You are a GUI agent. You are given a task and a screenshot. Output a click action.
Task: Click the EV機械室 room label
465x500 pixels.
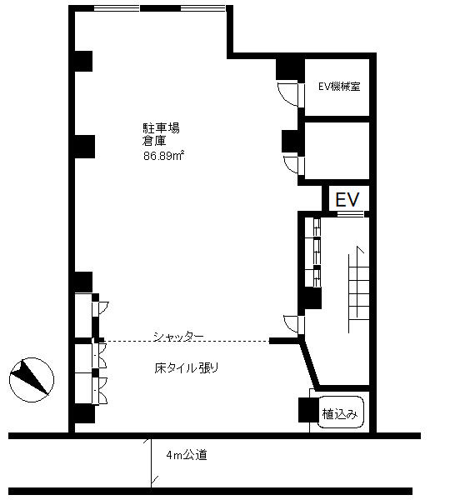click(339, 87)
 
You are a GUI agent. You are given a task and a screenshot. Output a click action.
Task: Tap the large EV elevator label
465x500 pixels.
click(347, 200)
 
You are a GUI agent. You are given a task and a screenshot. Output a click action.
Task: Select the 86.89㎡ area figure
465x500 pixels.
click(164, 156)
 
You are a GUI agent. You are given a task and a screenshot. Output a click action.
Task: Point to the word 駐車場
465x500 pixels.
click(161, 128)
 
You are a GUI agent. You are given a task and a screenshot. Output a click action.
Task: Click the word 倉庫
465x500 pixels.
click(154, 141)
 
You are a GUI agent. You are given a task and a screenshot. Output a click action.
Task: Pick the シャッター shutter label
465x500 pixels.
click(178, 337)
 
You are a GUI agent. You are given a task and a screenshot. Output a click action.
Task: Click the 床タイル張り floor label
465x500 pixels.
click(187, 368)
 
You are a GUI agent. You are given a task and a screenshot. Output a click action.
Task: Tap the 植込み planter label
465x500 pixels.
click(340, 414)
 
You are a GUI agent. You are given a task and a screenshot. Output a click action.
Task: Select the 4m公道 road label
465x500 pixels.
click(187, 455)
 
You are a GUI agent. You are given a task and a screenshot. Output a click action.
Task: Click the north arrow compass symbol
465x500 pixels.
click(32, 379)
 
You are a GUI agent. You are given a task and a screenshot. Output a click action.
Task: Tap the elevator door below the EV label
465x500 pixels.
click(350, 214)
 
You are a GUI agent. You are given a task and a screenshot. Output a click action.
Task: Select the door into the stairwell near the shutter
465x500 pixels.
click(292, 324)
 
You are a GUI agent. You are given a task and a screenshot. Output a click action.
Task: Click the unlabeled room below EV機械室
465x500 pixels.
click(337, 151)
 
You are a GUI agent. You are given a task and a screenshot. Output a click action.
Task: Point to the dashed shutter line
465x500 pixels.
click(187, 341)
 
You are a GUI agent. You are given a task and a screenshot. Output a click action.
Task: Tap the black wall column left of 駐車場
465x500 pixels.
click(84, 147)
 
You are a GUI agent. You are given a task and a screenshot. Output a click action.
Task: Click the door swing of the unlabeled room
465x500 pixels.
click(292, 165)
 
